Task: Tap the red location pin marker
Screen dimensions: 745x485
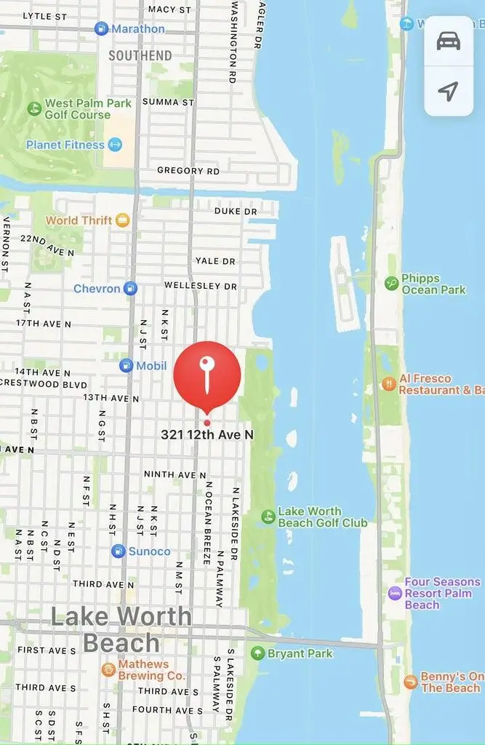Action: click(x=207, y=375)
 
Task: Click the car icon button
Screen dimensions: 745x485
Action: click(x=449, y=41)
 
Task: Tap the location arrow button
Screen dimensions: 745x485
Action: click(x=449, y=91)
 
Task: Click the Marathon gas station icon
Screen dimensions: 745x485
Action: click(x=102, y=29)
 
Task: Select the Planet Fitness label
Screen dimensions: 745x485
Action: click(x=65, y=145)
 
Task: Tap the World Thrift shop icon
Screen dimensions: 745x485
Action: click(x=122, y=220)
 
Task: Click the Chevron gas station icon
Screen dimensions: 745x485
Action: click(x=130, y=288)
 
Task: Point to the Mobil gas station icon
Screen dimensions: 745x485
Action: click(x=127, y=366)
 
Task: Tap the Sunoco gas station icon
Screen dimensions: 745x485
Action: click(x=119, y=551)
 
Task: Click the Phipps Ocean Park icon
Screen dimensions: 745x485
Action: click(x=391, y=283)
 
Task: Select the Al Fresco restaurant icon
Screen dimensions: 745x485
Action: click(x=389, y=383)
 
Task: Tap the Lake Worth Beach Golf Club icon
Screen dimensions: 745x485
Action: click(x=268, y=517)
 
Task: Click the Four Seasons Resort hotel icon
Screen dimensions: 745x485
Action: click(x=395, y=593)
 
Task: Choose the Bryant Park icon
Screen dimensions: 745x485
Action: click(x=257, y=653)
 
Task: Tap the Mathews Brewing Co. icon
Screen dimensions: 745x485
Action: click(x=108, y=670)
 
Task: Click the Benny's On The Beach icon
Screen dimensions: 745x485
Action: click(x=411, y=682)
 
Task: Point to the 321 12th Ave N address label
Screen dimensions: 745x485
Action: click(x=207, y=434)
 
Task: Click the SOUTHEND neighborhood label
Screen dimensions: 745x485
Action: click(x=140, y=55)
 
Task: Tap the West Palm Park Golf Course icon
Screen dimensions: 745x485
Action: click(x=34, y=109)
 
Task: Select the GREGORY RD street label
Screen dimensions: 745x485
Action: click(x=188, y=171)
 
